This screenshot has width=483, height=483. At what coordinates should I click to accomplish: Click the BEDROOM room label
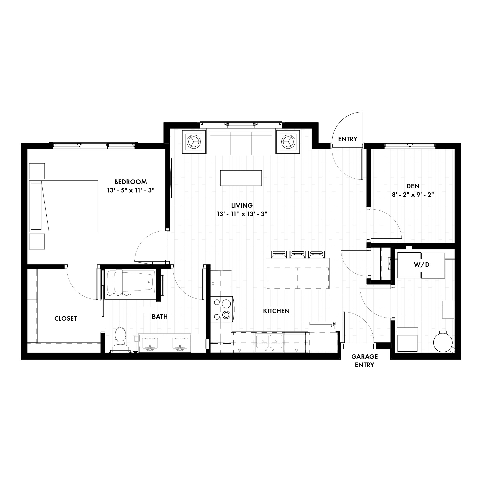tap(130, 182)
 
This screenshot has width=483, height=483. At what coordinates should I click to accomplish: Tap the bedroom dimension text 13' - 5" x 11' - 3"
tap(131, 190)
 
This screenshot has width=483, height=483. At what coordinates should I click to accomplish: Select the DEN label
tap(413, 186)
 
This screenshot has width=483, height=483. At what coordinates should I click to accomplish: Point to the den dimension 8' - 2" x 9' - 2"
tap(413, 194)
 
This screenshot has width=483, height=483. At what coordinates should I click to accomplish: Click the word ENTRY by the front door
tap(348, 139)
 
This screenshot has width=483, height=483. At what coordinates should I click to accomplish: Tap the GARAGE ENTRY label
tap(364, 361)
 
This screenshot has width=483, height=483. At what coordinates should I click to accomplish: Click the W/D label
tap(421, 264)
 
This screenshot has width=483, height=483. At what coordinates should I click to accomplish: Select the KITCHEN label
tap(276, 311)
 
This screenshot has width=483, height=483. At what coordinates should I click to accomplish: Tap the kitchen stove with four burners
tap(222, 309)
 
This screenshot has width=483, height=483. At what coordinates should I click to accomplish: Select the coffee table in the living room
tap(241, 178)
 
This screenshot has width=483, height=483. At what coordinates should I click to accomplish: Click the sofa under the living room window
tap(241, 143)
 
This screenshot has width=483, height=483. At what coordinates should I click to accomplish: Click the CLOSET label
tap(65, 319)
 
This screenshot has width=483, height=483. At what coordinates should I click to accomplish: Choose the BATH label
tap(160, 317)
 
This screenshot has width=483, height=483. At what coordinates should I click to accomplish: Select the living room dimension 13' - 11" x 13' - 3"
tap(242, 214)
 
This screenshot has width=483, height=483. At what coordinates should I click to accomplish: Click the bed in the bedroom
tap(64, 206)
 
